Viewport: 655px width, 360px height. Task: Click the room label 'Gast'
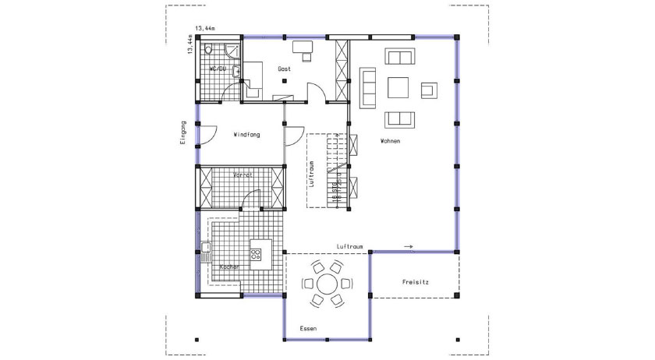(284, 69)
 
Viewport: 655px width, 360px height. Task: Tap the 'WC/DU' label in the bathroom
(218, 69)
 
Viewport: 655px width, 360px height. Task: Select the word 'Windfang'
(246, 135)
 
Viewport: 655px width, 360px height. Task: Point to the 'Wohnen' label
(390, 141)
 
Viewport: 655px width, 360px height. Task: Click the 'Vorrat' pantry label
(243, 176)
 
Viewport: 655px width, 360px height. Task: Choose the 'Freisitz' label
(417, 281)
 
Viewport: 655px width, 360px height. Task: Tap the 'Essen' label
(309, 329)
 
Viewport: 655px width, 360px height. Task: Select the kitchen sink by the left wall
(206, 252)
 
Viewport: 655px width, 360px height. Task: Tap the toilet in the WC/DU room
(209, 50)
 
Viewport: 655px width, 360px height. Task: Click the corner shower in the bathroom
(232, 51)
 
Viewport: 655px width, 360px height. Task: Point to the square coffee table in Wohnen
(398, 86)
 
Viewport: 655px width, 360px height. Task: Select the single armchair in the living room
(428, 89)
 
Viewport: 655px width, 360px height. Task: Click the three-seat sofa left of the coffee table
(367, 86)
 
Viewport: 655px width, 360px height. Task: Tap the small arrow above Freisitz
(409, 247)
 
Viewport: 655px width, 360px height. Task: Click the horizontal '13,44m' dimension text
(204, 28)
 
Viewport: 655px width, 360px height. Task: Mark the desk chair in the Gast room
(306, 56)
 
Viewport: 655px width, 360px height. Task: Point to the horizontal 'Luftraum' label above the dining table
(350, 246)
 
